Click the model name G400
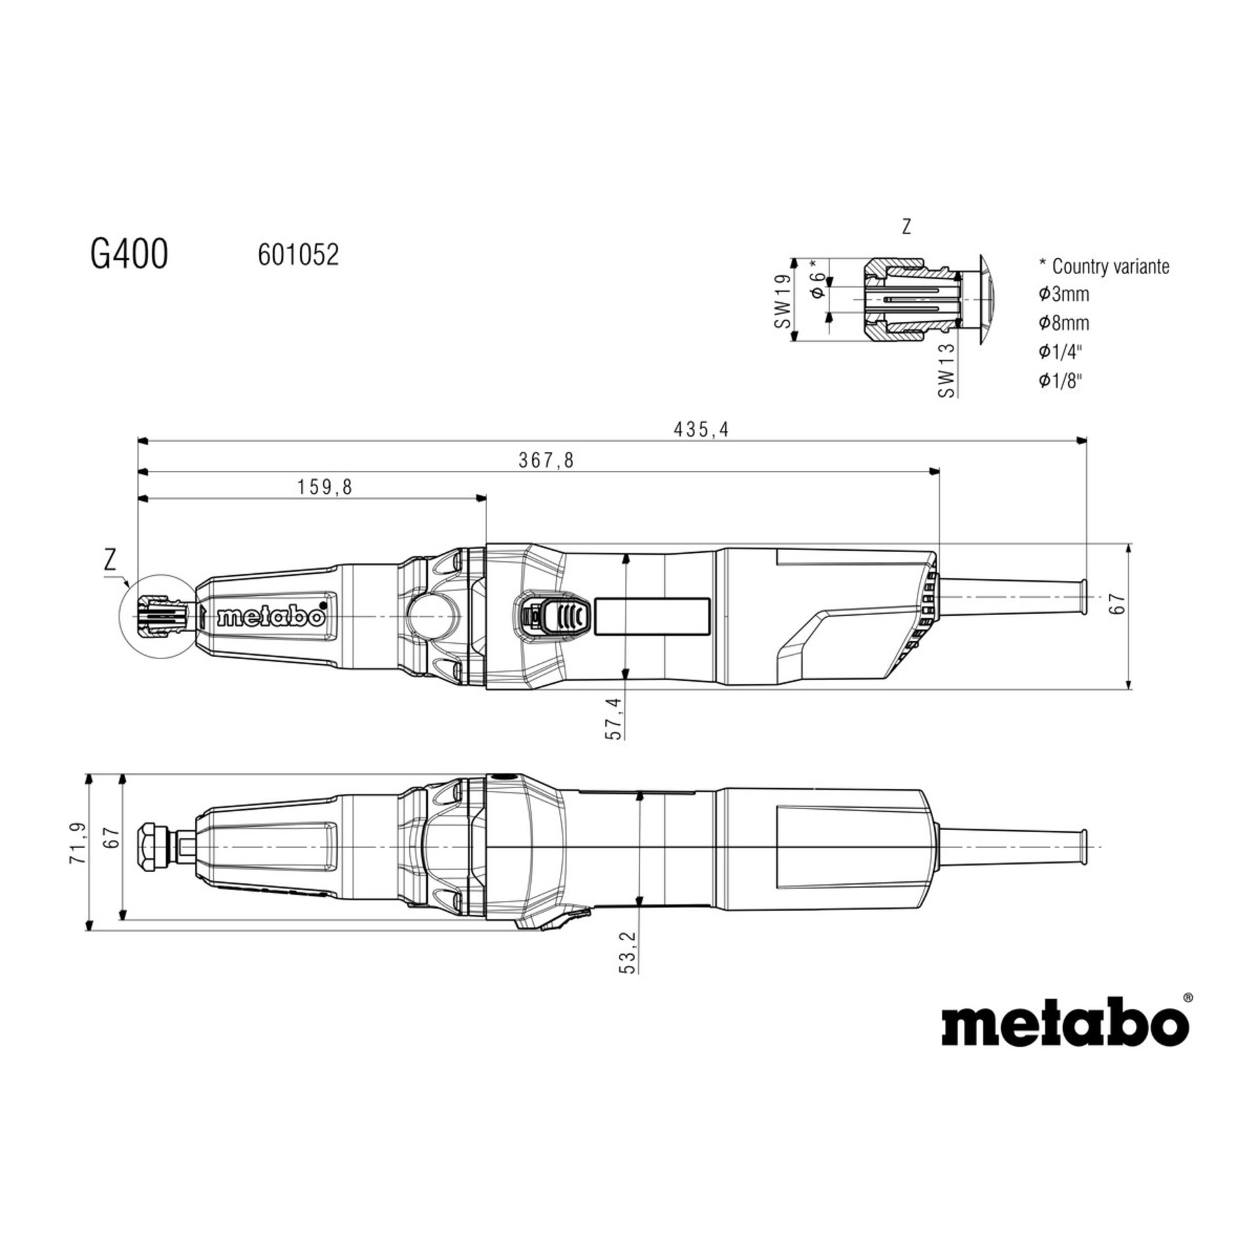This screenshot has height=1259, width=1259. coord(129,254)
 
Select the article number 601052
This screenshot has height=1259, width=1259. coord(298,255)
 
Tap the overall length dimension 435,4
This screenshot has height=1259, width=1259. coord(701,430)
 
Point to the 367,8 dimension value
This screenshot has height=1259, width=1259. coord(546,460)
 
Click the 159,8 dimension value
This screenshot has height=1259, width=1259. coord(325,487)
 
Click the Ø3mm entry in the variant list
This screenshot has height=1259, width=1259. coord(1064,294)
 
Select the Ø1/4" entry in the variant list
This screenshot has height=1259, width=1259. coord(1059,352)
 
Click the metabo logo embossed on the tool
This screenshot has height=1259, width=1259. coord(271,617)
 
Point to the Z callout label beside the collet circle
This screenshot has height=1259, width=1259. coord(110,561)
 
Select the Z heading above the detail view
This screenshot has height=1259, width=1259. coord(906,227)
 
